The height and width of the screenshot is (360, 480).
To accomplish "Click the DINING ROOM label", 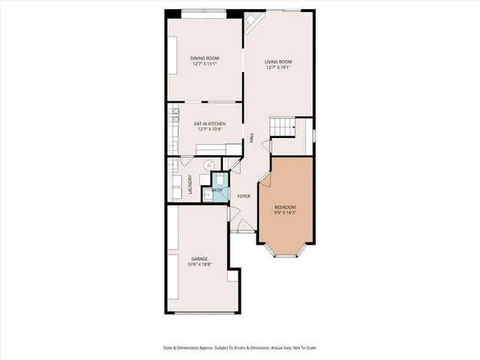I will [204, 58].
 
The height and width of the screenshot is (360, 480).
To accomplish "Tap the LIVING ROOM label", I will [278, 61].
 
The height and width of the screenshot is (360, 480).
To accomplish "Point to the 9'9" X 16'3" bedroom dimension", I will [285, 213].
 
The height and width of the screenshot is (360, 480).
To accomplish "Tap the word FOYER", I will [244, 196].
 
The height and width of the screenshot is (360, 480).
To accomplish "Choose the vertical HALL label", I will [252, 138].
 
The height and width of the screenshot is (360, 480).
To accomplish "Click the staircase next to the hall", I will [283, 127].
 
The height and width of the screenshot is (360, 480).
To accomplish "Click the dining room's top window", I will [204, 10].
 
